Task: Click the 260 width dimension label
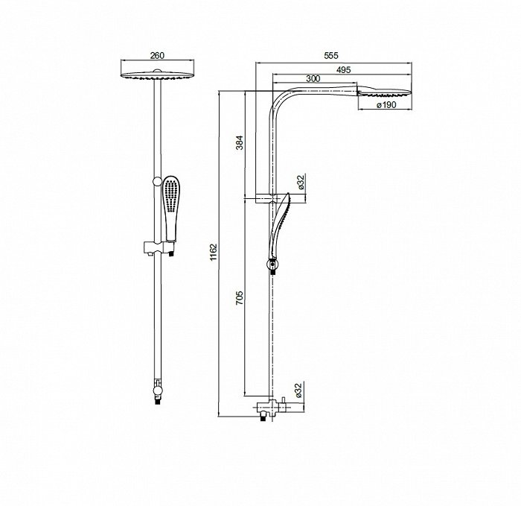(157, 55)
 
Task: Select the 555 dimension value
(331, 55)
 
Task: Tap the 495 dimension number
(344, 70)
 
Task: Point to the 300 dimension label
(313, 78)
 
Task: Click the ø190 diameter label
(386, 105)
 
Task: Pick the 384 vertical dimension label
(240, 142)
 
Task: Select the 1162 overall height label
(214, 253)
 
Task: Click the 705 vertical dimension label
(240, 298)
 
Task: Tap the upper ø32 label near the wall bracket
(301, 183)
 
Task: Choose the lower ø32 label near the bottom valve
(298, 390)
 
